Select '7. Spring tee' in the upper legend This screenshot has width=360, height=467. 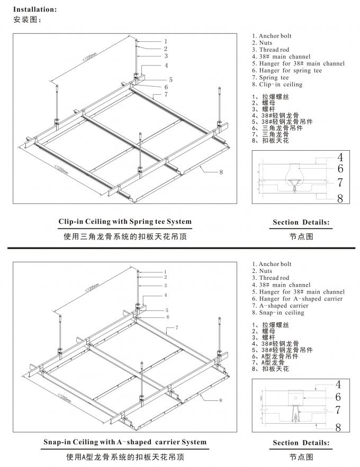[274, 77]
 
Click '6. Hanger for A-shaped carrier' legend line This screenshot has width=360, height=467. [297, 299]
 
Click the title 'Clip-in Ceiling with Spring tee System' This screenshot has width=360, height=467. [125, 222]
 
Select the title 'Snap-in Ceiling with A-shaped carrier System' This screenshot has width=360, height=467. [125, 442]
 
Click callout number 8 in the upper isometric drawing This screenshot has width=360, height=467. [220, 172]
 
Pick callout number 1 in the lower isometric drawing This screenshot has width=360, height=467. [165, 271]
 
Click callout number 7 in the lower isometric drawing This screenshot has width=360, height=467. [168, 328]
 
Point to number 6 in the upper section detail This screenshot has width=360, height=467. [340, 169]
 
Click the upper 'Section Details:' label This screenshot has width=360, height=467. [301, 222]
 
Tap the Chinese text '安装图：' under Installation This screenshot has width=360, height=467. [26, 20]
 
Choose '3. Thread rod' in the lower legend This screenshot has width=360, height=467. [270, 278]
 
